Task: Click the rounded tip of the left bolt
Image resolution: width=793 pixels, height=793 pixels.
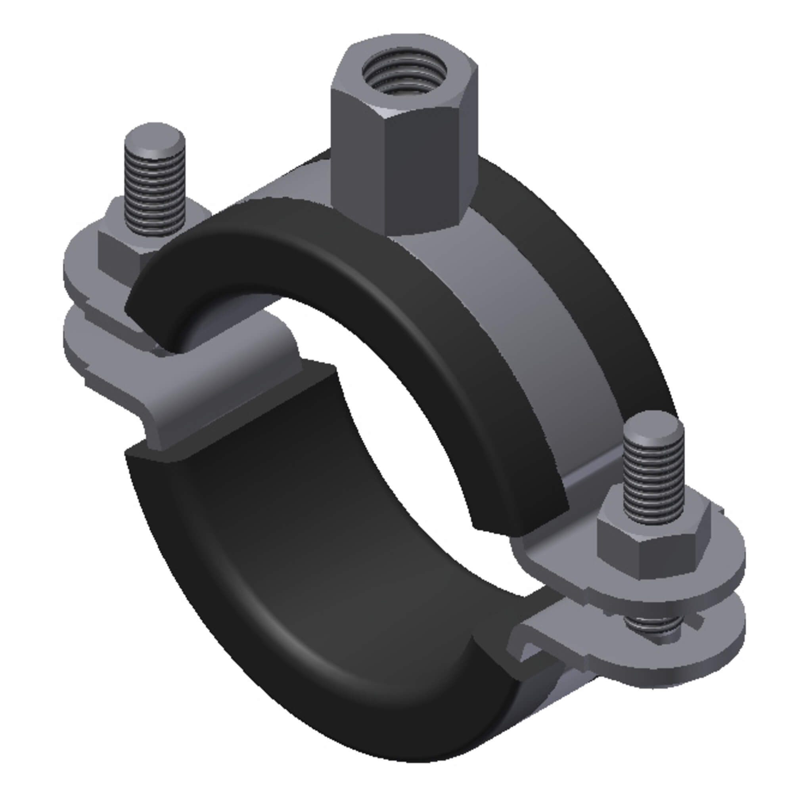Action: point(154,136)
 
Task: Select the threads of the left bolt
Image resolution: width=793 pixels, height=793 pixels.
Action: point(154,193)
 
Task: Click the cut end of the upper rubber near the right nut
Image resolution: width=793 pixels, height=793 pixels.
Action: point(521,509)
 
